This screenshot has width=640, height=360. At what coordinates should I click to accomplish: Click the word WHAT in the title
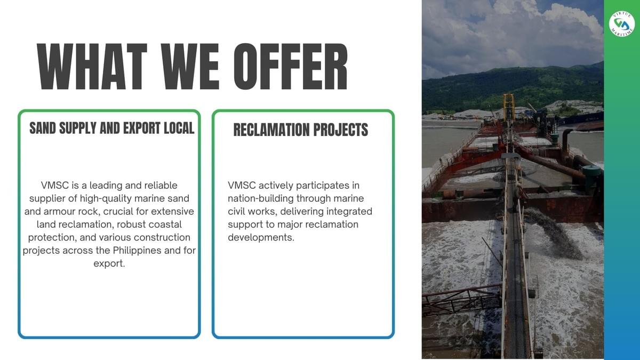pyautogui.click(x=92, y=67)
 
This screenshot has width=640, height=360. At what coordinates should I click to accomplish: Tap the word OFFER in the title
pyautogui.click(x=291, y=67)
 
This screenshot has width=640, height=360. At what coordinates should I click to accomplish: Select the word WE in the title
pyautogui.click(x=190, y=67)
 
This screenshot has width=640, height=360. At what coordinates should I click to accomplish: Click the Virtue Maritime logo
pyautogui.click(x=622, y=24)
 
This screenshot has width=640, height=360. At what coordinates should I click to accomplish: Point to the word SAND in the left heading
pyautogui.click(x=43, y=128)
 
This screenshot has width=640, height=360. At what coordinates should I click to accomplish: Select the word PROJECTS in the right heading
pyautogui.click(x=341, y=130)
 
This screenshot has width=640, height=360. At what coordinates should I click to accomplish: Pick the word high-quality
pyautogui.click(x=106, y=199)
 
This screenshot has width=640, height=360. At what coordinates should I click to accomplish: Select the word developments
pyautogui.click(x=261, y=238)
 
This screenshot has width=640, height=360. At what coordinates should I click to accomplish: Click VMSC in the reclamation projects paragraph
pyautogui.click(x=242, y=186)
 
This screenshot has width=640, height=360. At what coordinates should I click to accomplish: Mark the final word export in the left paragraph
pyautogui.click(x=109, y=263)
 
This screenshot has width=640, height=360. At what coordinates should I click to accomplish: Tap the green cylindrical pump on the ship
pyautogui.click(x=591, y=179)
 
